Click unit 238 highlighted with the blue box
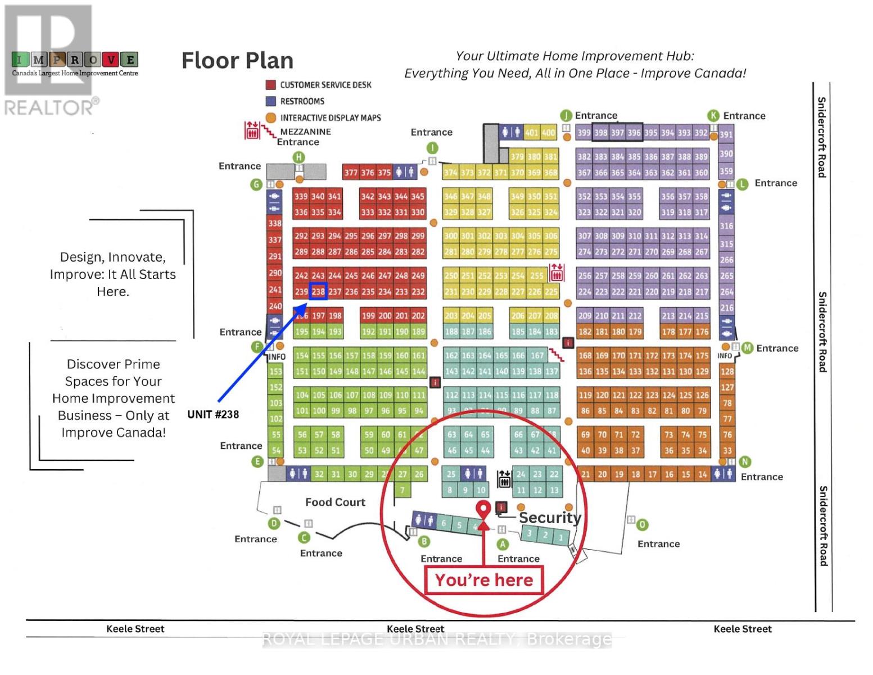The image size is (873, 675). pyautogui.click(x=318, y=291)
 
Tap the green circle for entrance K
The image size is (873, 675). pyautogui.click(x=713, y=116)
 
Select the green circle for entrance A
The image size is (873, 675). pyautogui.click(x=503, y=544)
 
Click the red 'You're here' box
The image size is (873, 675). pyautogui.click(x=484, y=580)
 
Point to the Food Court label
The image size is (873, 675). pyautogui.click(x=335, y=502)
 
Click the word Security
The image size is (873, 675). pyautogui.click(x=549, y=517)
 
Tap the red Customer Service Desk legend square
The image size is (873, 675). pyautogui.click(x=270, y=85)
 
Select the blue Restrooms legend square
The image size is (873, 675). pyautogui.click(x=270, y=101)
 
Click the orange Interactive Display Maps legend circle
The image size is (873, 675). pyautogui.click(x=270, y=118)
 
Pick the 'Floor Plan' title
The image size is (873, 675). pyautogui.click(x=237, y=61)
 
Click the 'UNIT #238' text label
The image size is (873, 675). pyautogui.click(x=213, y=415)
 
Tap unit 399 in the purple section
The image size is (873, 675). pyautogui.click(x=583, y=133)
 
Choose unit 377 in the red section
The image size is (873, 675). pyautogui.click(x=351, y=173)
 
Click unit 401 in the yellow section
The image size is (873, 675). pyautogui.click(x=531, y=133)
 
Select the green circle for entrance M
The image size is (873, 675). pyautogui.click(x=747, y=348)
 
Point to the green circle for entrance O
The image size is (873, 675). pyautogui.click(x=642, y=525)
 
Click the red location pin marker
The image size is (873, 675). pyautogui.click(x=482, y=509)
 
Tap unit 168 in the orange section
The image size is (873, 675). pyautogui.click(x=585, y=355)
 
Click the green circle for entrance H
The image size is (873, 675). pyautogui.click(x=299, y=157)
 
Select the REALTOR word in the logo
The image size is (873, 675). pyautogui.click(x=48, y=107)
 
